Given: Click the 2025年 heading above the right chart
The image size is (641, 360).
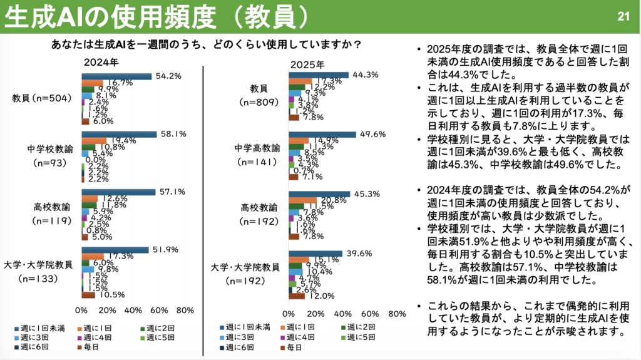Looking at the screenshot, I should (x=307, y=64).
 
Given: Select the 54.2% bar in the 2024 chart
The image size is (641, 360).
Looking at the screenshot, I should (x=116, y=76).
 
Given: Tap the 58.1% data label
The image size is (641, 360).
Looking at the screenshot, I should (x=170, y=133).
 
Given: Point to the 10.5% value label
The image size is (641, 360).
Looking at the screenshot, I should (x=108, y=295).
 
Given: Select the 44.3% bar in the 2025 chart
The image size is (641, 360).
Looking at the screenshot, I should (x=318, y=75).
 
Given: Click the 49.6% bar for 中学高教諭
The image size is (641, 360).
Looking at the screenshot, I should (x=322, y=134).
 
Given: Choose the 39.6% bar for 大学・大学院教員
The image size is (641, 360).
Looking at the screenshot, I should (x=315, y=253).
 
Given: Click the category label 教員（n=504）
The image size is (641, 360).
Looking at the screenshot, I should (x=42, y=98).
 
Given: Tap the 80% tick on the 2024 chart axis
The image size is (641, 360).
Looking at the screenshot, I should (x=185, y=311).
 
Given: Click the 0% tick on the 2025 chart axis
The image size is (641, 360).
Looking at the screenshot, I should (x=289, y=313).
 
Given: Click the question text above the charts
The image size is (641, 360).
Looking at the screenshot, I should (x=207, y=45).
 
